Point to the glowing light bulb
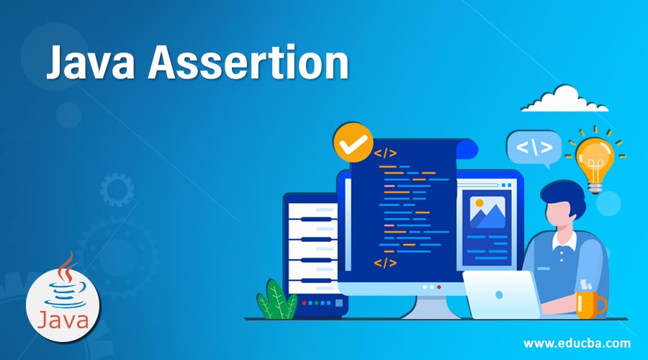pyautogui.click(x=595, y=158)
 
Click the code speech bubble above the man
pyautogui.click(x=534, y=148)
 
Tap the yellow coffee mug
pyautogui.click(x=589, y=304)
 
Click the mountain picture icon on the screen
pyautogui.click(x=487, y=212)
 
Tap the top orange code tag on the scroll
pyautogui.click(x=385, y=153)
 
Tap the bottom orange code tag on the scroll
pyautogui.click(x=385, y=262)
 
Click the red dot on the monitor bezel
pyautogui.click(x=438, y=287)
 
